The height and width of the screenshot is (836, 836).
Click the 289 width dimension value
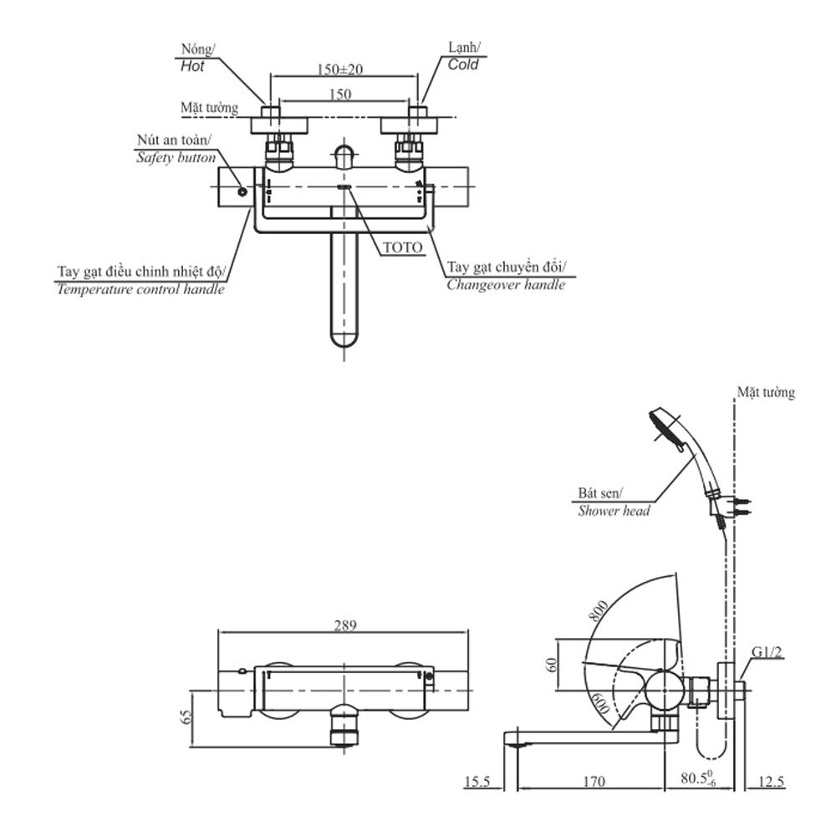tap(345, 624)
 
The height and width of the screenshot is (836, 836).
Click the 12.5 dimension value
tap(771, 782)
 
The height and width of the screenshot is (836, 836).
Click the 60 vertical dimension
tap(551, 665)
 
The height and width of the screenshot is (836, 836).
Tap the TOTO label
tap(402, 247)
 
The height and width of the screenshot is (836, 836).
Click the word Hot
tap(192, 66)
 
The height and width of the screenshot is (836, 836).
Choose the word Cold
tap(463, 64)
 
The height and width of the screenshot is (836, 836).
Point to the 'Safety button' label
tap(176, 157)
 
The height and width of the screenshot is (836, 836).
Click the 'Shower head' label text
tap(614, 510)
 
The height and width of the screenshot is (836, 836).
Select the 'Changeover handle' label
tap(505, 284)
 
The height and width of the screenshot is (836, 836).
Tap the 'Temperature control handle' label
tap(140, 289)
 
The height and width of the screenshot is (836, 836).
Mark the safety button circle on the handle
tap(242, 191)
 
